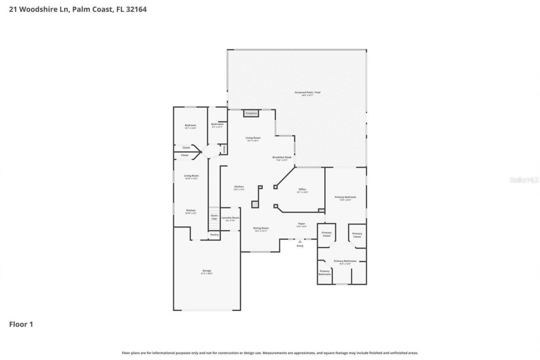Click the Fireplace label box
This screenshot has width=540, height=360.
[251, 113]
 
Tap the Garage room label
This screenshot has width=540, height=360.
[206, 271]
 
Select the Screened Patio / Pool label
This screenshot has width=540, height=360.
[307, 92]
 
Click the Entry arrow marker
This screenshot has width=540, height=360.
[300, 242]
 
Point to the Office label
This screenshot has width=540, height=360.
[302, 189]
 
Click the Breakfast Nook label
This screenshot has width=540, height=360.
[281, 157]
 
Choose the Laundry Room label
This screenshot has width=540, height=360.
[230, 218]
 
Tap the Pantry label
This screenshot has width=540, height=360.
[214, 235]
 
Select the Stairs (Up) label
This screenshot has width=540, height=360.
[214, 217]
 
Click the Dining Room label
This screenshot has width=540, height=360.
[261, 228]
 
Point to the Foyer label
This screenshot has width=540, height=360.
[301, 224]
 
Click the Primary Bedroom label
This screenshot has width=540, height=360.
[345, 197]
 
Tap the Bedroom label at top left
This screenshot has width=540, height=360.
[190, 125]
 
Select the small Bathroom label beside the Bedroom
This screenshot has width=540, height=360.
[217, 124]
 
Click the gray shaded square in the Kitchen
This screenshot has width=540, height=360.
[255, 204]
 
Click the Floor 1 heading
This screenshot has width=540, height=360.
[21, 324]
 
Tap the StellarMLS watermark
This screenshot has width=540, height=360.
[524, 180]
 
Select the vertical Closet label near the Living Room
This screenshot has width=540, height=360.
[224, 149]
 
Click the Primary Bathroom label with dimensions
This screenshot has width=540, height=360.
[345, 261]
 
